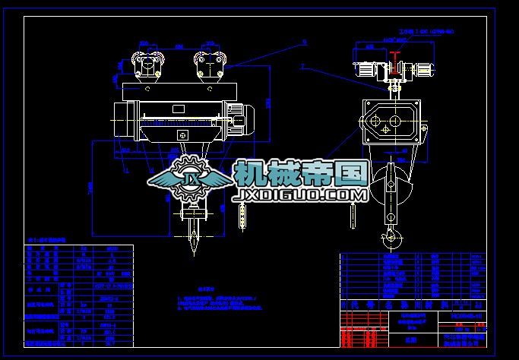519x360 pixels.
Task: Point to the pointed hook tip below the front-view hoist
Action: click(193, 247)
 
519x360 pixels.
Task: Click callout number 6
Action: click(303, 42)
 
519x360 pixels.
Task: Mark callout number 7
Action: click(302, 66)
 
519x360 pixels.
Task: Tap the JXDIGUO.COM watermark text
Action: click(302, 196)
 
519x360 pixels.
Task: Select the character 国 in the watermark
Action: click(350, 174)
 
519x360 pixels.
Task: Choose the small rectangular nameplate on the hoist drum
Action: click(182, 134)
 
